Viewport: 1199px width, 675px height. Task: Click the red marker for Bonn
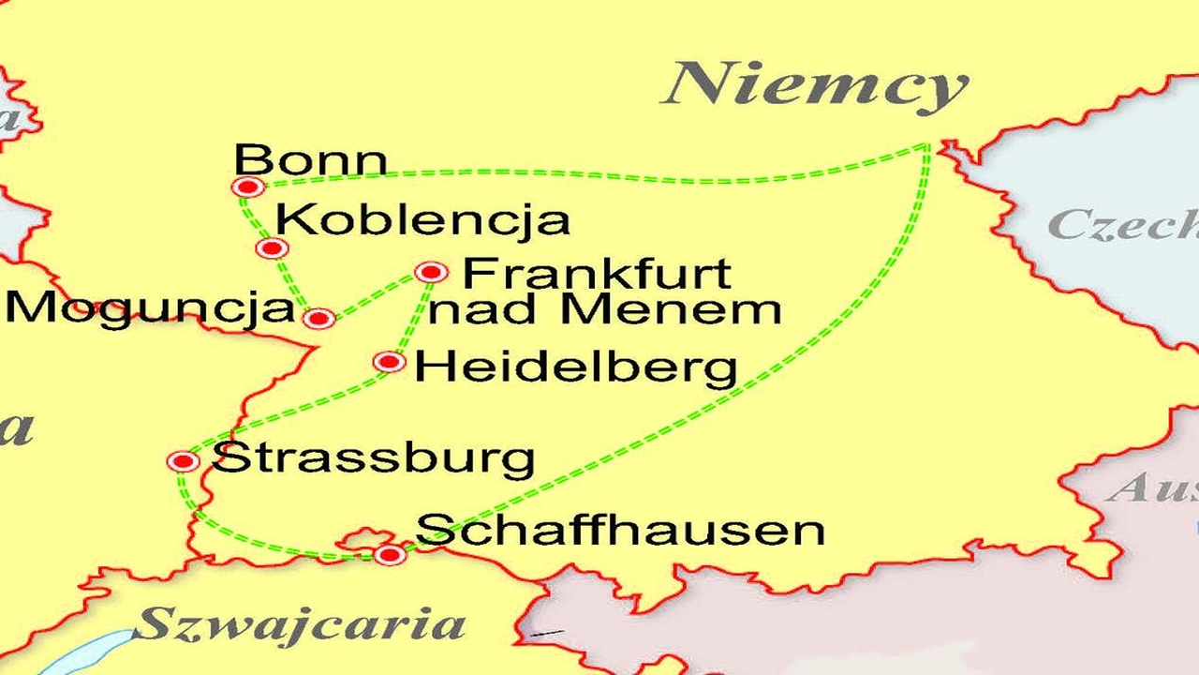247,187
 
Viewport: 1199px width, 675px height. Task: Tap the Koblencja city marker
272,248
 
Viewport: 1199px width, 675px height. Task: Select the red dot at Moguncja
318,319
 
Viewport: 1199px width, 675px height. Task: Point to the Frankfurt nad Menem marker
431,272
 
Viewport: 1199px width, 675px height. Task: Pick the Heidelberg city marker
389,362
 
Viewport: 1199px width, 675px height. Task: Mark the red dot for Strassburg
183,461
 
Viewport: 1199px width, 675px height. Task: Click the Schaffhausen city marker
390,555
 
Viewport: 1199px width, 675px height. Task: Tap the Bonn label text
310,160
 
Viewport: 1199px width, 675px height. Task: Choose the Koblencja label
423,220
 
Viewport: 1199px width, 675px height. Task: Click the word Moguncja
150,308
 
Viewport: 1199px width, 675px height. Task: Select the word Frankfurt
597,273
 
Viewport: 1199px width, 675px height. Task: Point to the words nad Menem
605,310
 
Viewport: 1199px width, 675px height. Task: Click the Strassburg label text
374,459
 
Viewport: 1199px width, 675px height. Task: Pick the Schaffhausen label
620,530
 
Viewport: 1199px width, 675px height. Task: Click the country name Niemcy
815,86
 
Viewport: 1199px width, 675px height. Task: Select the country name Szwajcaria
300,623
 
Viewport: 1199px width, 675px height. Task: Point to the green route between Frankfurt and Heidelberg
412,316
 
